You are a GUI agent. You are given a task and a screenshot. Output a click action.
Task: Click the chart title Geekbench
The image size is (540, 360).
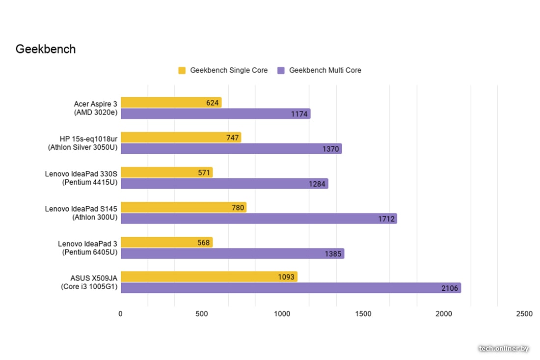(46, 49)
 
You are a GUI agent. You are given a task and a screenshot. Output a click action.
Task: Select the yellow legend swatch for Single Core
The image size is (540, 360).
(182, 70)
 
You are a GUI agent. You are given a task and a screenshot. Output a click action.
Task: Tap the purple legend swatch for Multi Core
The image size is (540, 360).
(281, 70)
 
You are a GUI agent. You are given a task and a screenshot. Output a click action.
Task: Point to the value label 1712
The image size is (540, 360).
(386, 219)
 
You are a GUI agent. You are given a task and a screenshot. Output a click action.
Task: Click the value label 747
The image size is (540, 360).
(232, 138)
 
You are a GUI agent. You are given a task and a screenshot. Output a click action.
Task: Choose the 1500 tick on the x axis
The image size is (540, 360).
(364, 314)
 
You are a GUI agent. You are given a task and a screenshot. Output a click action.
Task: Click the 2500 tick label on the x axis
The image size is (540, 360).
(524, 314)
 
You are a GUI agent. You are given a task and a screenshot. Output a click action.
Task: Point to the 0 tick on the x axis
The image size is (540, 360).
(121, 314)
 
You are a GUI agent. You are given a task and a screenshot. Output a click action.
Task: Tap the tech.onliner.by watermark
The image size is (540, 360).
(504, 348)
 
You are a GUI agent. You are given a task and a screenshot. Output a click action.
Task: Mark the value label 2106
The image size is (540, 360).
(449, 288)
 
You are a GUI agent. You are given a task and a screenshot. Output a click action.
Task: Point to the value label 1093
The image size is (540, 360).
(286, 277)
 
